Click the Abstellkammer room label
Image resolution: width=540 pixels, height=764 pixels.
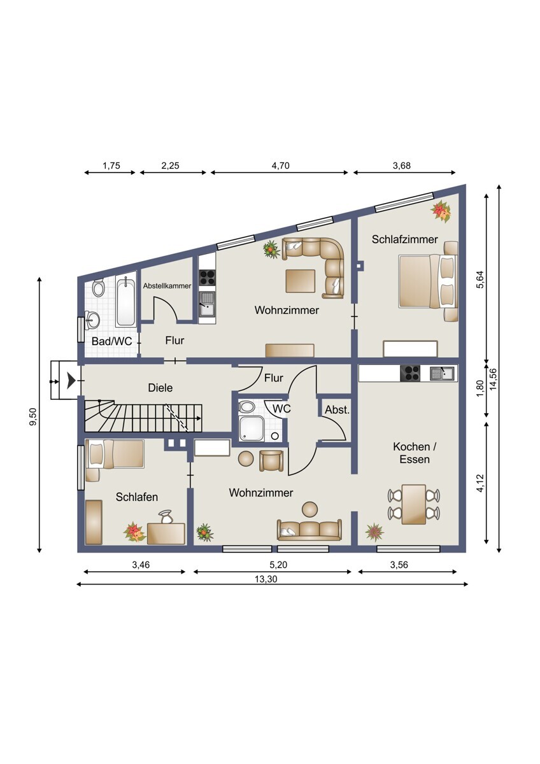[x=167, y=286]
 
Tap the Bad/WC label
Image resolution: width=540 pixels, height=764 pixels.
[x=112, y=341]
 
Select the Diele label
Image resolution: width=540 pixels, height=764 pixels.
[x=160, y=387]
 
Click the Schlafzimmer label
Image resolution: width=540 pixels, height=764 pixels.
[x=404, y=239]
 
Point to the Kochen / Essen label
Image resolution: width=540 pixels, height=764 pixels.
[x=411, y=453]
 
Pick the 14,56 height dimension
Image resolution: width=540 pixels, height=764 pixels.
[x=493, y=382]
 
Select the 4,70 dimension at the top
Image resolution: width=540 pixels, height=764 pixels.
[x=280, y=166]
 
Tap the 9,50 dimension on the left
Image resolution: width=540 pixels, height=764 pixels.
[x=33, y=420]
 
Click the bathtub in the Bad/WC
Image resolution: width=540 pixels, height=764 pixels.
[x=126, y=301]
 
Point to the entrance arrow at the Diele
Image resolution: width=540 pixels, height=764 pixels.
[x=68, y=381]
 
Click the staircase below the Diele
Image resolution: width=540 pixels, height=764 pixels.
[x=143, y=418]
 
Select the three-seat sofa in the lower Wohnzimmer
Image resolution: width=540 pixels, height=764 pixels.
[x=309, y=530]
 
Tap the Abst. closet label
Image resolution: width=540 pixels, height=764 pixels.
[x=337, y=411]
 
